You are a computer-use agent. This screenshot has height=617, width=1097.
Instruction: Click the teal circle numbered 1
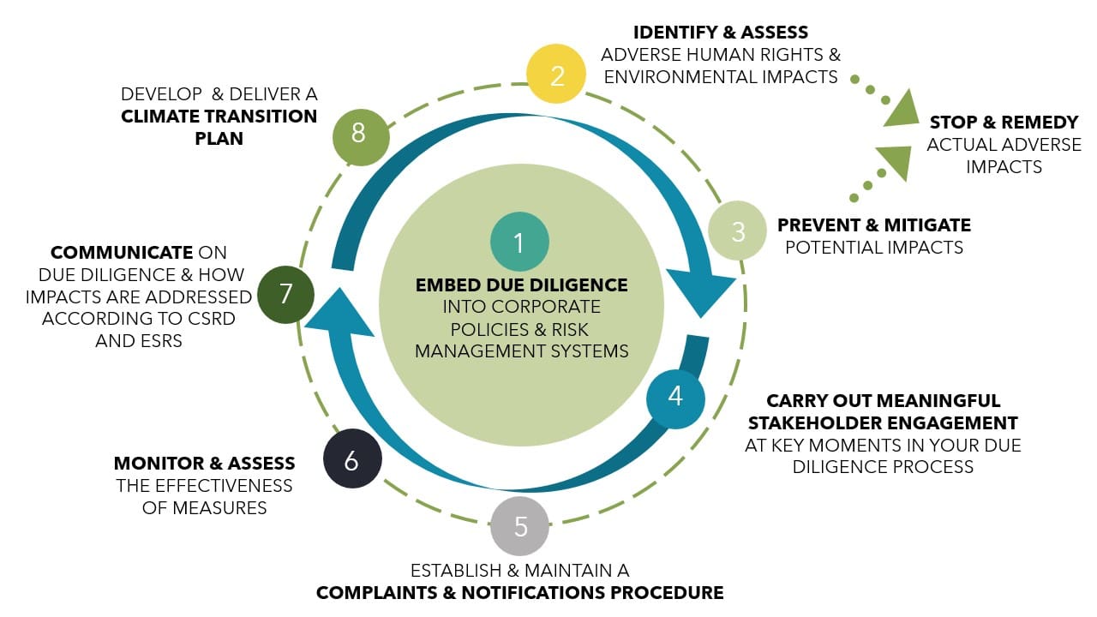pos(519,243)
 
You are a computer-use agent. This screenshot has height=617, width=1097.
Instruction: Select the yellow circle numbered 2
pos(557,75)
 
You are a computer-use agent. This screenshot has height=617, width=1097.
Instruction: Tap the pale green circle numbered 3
pos(737,231)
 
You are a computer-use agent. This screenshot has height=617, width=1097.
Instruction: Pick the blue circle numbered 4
pos(675,398)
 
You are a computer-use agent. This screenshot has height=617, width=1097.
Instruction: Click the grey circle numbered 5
pos(520,526)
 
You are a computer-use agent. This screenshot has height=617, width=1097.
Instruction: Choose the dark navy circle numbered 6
pos(352,460)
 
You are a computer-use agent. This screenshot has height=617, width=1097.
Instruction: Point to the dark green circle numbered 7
pos(286,294)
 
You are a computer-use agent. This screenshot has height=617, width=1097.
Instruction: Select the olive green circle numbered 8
pos(360,135)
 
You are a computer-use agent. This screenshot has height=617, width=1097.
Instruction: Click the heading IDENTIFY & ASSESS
pos(720,33)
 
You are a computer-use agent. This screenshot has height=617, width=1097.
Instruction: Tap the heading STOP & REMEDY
pos(1004,123)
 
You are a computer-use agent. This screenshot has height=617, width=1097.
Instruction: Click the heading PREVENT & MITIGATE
pos(873,225)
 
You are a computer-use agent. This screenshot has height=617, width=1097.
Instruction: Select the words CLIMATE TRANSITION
pos(219,117)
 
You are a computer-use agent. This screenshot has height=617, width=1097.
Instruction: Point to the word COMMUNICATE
pos(122,253)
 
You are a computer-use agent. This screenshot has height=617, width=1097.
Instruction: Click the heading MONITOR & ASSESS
pos(204,464)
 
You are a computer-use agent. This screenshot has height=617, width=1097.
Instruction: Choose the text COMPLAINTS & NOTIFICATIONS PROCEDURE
pos(519,592)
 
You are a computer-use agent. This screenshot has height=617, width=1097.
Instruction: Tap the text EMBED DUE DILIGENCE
pos(521,285)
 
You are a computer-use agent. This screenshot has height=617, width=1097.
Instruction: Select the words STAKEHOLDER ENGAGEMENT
pos(883,422)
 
